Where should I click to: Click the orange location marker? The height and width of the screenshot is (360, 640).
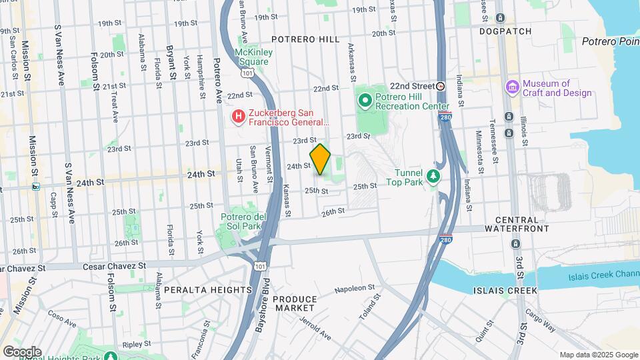click(321, 159)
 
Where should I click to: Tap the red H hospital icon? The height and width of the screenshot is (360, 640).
click(237, 117)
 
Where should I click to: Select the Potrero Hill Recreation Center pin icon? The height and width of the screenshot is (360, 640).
click(365, 101)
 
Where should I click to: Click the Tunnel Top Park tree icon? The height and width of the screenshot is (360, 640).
click(434, 175)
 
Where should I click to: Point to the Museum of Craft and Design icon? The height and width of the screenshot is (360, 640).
click(512, 87)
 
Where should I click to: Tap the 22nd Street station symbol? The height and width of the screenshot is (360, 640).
click(441, 86)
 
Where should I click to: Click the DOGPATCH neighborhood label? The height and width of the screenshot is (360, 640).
click(505, 31)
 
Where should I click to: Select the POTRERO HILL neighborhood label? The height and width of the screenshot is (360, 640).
click(305, 40)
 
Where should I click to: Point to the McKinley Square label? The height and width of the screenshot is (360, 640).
click(251, 57)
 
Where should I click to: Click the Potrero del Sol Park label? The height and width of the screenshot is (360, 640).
click(244, 222)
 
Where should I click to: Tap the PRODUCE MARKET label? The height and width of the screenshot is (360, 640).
click(294, 304)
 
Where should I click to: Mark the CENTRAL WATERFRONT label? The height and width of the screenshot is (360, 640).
click(522, 224)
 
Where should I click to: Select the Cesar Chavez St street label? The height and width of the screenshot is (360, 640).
click(113, 266)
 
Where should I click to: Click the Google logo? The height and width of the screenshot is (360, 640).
click(22, 351)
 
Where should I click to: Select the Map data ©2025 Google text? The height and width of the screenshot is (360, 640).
click(597, 355)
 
